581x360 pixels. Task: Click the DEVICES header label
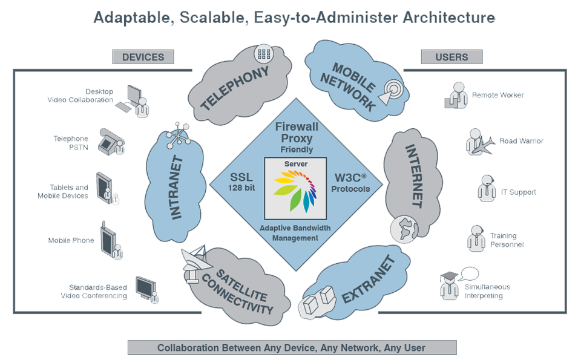pyautogui.click(x=143, y=57)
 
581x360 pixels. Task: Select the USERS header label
pyautogui.click(x=451, y=57)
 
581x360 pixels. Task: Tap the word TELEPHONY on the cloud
pyautogui.click(x=235, y=88)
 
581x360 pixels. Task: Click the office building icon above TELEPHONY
pyautogui.click(x=263, y=53)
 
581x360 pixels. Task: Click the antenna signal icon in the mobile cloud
pyautogui.click(x=390, y=90)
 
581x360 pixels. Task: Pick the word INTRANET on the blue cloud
pyautogui.click(x=176, y=188)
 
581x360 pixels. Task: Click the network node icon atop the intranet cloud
pyautogui.click(x=177, y=133)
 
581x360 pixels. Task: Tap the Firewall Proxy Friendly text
pyautogui.click(x=297, y=137)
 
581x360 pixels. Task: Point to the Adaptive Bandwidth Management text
pyautogui.click(x=295, y=233)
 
